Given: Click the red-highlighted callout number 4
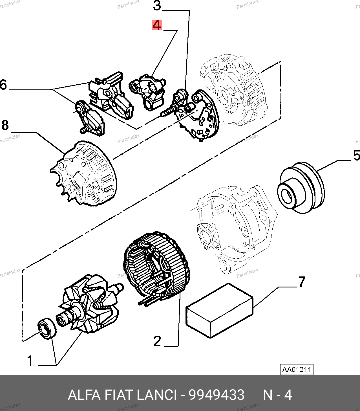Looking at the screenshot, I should pos(157,25).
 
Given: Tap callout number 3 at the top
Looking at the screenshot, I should pos(157,6).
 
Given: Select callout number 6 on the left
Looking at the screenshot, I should pos(3,85).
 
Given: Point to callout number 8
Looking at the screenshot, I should pos(5,125).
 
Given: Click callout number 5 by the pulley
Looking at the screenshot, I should pos(356,155).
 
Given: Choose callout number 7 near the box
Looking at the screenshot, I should pos(302,282).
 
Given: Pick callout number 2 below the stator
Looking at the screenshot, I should pos(157,341).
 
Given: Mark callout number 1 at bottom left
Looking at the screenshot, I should pos(30,361).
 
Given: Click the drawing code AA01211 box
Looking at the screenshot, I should pos(297,369).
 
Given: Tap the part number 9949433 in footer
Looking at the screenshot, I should pos(216,395).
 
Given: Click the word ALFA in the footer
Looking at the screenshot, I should pos(84,395).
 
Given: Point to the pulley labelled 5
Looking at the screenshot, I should pos(301,187).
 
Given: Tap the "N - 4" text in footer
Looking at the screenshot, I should pos(277,395).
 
